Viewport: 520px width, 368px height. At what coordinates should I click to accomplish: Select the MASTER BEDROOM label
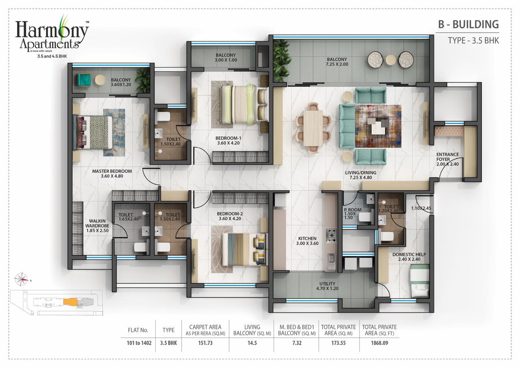(112, 174)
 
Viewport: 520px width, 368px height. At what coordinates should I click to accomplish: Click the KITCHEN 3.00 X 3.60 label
(307, 241)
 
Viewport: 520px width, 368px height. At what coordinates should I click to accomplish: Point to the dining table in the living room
(313, 128)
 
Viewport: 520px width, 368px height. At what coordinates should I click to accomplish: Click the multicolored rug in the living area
(378, 126)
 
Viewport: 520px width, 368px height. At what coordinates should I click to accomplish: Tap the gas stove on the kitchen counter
(331, 235)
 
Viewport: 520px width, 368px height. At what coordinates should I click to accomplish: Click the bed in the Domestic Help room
(420, 281)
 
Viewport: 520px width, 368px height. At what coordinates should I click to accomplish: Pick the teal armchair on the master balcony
(83, 80)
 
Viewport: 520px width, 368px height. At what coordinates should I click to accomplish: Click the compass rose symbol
(22, 279)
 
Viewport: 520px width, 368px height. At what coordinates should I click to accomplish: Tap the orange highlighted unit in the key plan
(70, 302)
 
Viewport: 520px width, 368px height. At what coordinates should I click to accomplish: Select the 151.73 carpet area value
(205, 343)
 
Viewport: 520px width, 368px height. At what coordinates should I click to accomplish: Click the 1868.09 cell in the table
(379, 343)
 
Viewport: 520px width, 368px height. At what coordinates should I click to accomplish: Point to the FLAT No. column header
(138, 330)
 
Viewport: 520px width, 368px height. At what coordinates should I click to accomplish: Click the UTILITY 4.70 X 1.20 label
(327, 286)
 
